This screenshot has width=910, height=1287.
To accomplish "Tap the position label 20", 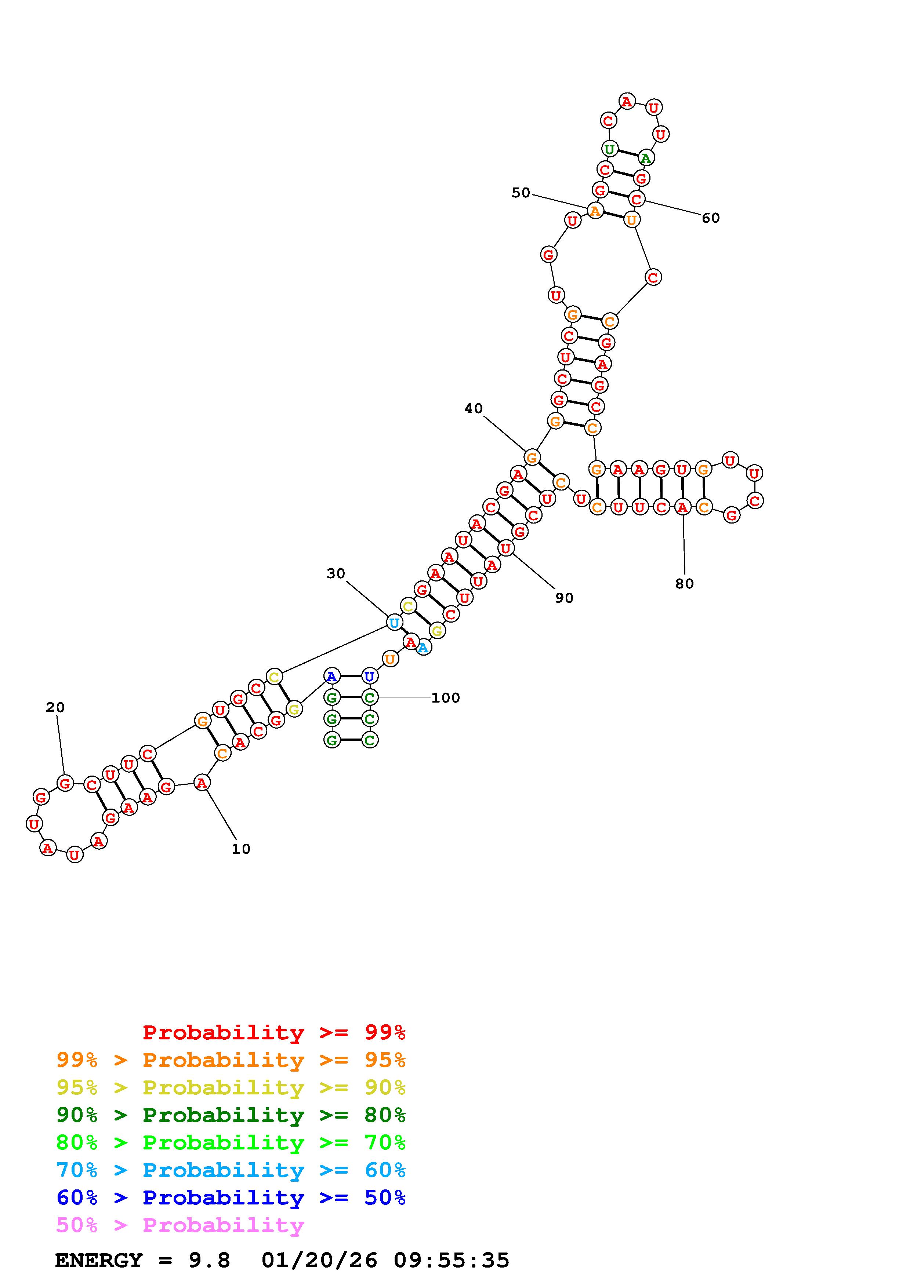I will tap(55, 707).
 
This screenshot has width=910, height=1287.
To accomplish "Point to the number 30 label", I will tap(336, 573).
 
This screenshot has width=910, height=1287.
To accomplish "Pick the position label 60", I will tap(710, 218).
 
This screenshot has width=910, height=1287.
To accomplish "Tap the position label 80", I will tap(684, 584).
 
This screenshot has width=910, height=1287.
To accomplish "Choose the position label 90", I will tap(564, 598).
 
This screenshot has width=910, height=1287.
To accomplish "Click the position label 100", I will tap(445, 698).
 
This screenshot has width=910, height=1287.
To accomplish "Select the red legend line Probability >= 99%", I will tap(274, 1032).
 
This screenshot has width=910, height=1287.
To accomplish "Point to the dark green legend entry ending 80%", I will tap(231, 1115).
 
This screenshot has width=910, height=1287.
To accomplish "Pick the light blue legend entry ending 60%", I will tap(231, 1170).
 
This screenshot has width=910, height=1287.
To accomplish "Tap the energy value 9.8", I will tap(209, 1261).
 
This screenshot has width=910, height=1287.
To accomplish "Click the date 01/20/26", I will tap(319, 1261).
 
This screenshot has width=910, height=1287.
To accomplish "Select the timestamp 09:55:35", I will tap(452, 1261).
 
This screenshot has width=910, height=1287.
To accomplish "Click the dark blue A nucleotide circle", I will tap(332, 677).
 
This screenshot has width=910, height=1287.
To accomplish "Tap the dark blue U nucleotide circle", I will tap(369, 677).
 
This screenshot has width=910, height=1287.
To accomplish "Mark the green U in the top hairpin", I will tap(609, 149).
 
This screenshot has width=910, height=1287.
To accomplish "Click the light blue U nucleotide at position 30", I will tap(394, 623).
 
